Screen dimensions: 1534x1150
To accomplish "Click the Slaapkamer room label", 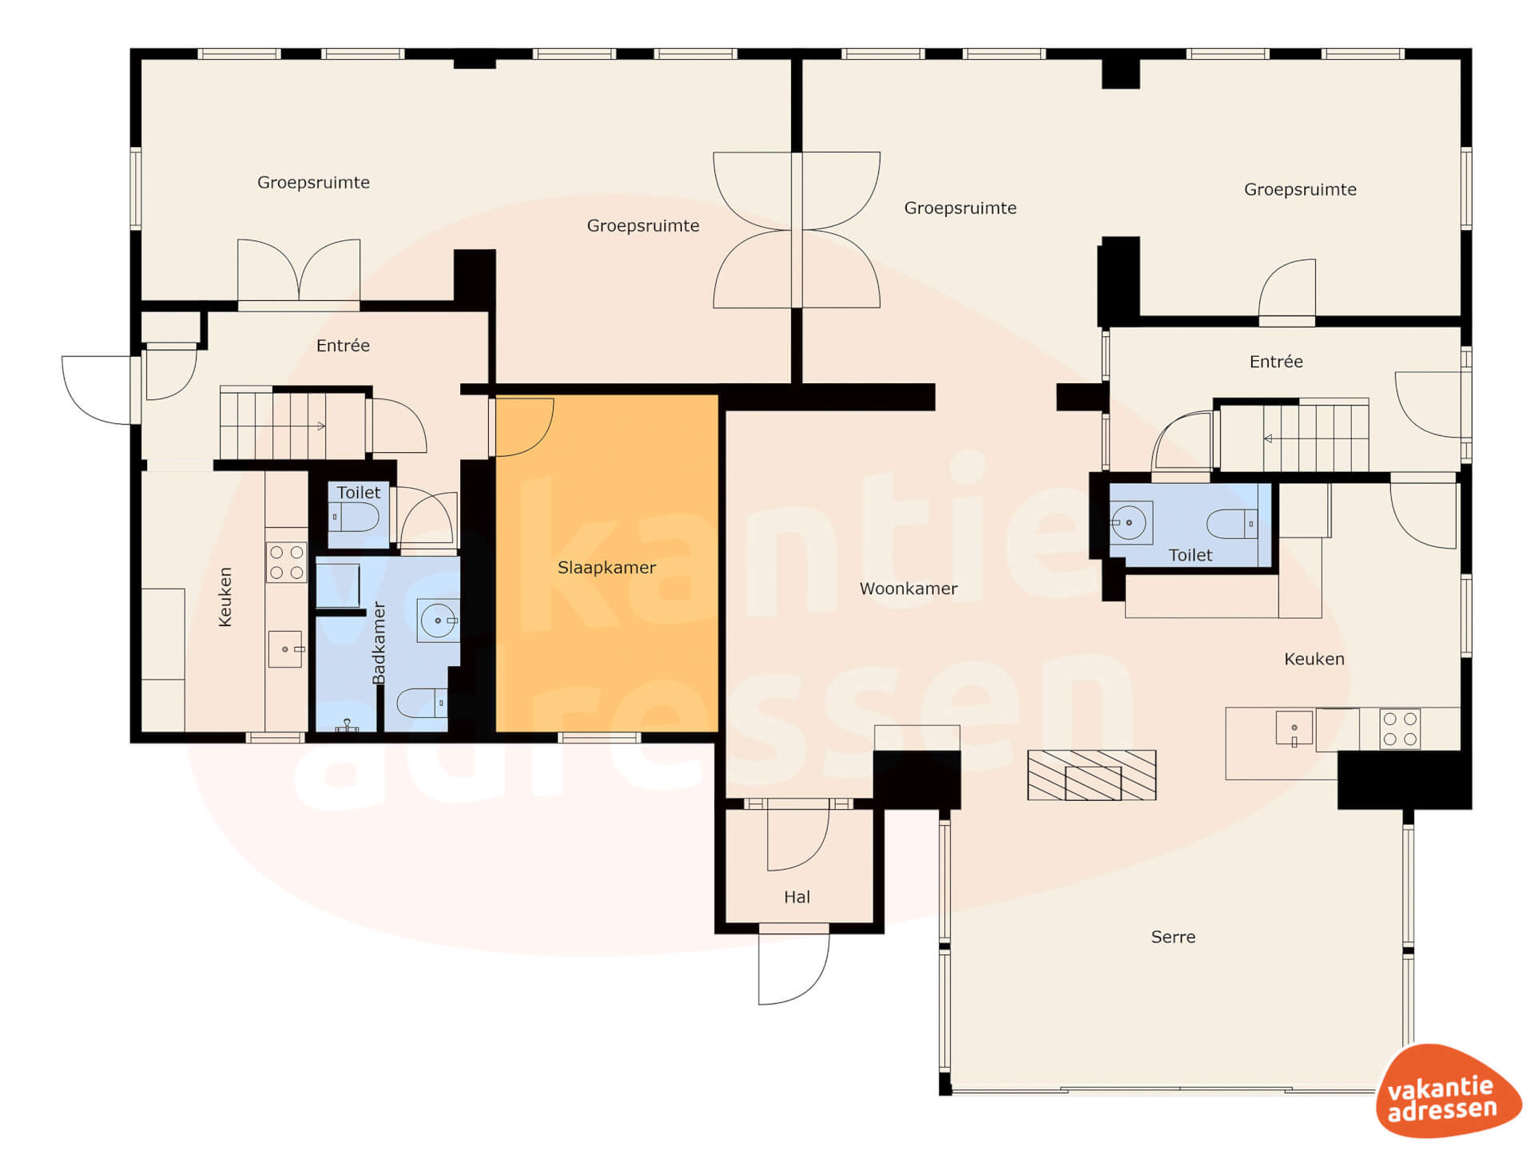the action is click(606, 568).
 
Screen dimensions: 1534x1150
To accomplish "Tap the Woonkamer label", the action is click(908, 589).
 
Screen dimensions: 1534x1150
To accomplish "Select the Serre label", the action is click(1173, 937).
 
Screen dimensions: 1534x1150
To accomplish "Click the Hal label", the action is click(797, 897).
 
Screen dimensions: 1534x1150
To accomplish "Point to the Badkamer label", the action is click(379, 643).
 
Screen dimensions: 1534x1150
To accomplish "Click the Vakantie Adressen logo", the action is click(1448, 1091).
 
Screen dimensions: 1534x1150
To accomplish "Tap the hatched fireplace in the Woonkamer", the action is click(1091, 775).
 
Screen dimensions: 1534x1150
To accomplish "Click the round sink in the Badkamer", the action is click(438, 621).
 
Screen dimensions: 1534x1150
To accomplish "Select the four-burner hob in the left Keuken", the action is click(286, 562).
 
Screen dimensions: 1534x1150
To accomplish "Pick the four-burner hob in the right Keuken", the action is click(1400, 728).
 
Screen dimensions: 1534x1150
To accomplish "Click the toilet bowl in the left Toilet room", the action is click(354, 517).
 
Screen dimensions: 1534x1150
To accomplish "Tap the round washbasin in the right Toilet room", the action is click(1129, 522).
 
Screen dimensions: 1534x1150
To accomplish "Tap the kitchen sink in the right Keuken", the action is click(1294, 728).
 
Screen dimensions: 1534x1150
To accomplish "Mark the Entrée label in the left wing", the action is click(343, 346).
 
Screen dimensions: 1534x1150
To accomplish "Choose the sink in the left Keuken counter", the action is click(285, 648).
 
